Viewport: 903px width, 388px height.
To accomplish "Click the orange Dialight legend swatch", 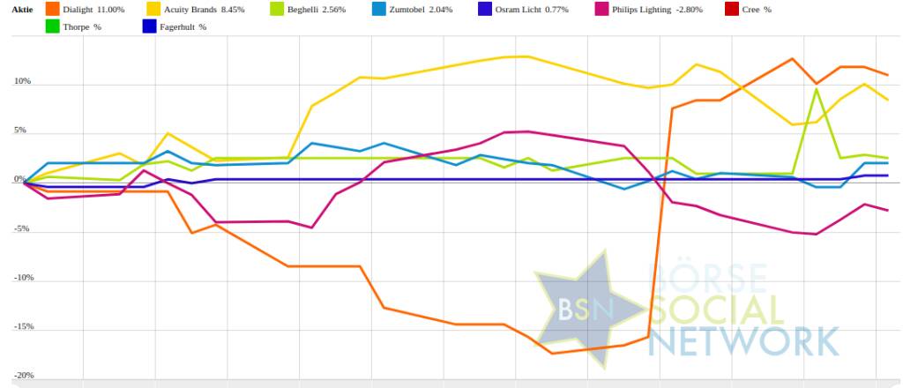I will coord(55,9).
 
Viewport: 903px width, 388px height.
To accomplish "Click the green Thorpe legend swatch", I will coord(55,26).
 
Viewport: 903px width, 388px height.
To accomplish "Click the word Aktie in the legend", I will coord(22,9).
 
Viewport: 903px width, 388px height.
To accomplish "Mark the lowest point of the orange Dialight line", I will coord(552,353).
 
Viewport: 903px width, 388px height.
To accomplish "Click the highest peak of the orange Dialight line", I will coord(793,59).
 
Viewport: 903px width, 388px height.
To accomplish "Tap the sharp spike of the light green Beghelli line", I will coord(817,89).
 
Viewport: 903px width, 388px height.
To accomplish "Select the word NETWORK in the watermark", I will coord(746,340).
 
